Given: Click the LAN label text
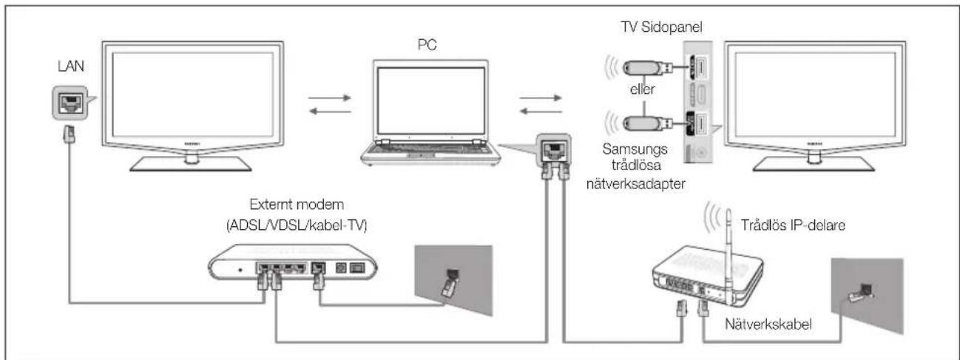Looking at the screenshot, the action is coord(71,66).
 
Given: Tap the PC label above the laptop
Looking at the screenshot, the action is coord(427,44).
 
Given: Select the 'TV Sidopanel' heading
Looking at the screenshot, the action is coord(661,27).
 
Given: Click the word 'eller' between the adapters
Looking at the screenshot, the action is coord(642,89).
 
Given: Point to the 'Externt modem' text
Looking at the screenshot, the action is coord(297,204).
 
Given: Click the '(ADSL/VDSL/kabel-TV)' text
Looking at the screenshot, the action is coord(297,225).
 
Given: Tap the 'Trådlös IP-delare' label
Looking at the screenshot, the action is coord(793,225).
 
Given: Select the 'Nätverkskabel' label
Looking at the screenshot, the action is coord(768,324).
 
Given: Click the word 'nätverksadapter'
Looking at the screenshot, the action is coord(635,184).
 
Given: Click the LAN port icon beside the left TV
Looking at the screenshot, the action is coord(70,103).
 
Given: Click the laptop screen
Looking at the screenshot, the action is coord(430,101).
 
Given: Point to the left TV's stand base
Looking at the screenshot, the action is coord(191,164).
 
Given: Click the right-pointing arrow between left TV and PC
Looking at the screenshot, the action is coord(330,98).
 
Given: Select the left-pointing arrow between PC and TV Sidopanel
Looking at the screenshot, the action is coord(541,112).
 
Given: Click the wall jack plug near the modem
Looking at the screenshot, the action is coord(450,283).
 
